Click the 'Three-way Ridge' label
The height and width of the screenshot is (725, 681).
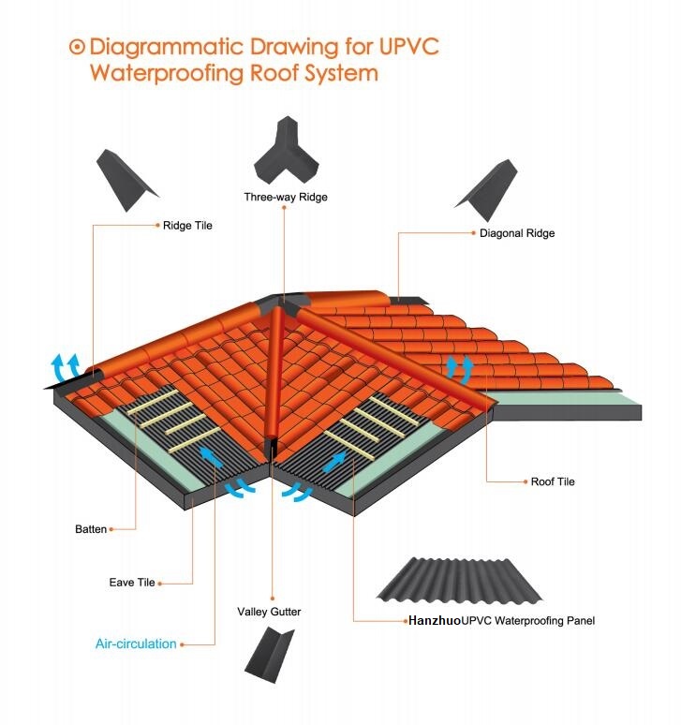pyautogui.click(x=286, y=197)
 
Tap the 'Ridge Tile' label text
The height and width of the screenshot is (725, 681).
pyautogui.click(x=187, y=225)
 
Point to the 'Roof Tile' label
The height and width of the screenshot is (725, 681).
pyautogui.click(x=553, y=481)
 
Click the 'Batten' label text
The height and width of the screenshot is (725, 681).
pyautogui.click(x=91, y=529)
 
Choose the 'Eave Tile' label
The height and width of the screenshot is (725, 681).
pyautogui.click(x=132, y=583)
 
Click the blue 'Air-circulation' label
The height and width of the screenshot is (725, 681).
pyautogui.click(x=136, y=644)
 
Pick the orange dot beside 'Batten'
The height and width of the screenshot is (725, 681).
pyautogui.click(x=111, y=529)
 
